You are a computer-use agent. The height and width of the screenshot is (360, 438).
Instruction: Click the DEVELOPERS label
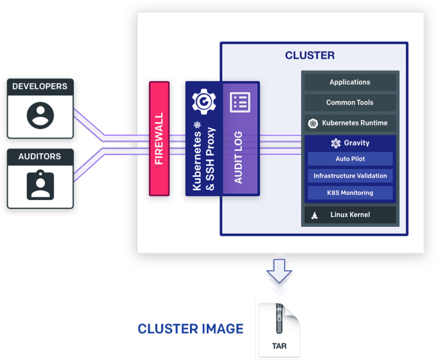pos(40,86)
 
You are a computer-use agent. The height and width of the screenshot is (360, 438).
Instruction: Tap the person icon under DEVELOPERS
pos(40,116)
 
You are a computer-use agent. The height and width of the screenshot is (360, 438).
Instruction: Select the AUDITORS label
pos(40,157)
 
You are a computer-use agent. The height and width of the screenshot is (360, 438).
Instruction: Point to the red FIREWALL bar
pos(159,139)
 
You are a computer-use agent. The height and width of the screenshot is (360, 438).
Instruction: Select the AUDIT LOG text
pos(240,156)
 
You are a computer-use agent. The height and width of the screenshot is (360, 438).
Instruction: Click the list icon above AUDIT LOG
pos(240,102)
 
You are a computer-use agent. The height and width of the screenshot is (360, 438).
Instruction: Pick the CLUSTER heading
pos(309,56)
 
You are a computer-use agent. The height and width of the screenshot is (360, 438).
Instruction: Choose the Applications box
pos(350,82)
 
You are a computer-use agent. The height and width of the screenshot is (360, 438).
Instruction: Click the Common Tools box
pos(350,103)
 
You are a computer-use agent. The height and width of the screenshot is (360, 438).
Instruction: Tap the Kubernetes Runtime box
pos(350,123)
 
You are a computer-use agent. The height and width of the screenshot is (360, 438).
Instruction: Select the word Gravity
pos(356,143)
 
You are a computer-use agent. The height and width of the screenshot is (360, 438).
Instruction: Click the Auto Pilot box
pos(350,159)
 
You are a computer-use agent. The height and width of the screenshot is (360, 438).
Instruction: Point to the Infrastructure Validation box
pos(350,176)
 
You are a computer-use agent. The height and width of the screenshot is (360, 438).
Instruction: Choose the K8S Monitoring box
pos(350,193)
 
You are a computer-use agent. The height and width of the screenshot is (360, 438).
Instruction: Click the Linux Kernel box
pos(350,215)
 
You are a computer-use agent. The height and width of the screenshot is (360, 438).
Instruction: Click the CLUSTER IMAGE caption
pos(190,328)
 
